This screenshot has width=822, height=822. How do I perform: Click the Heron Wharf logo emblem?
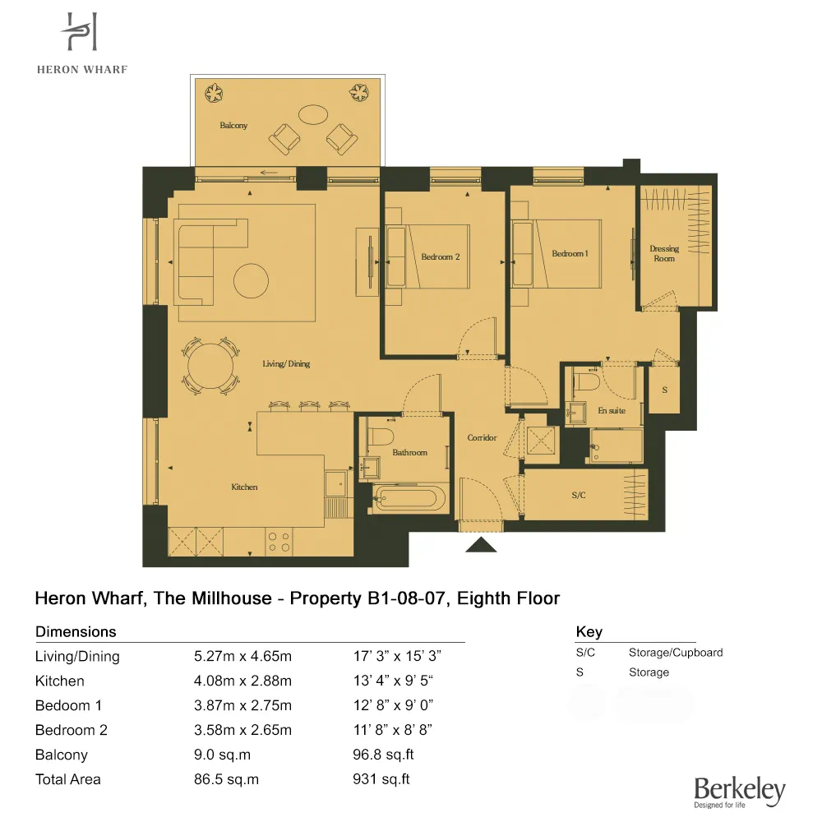tap(81, 34)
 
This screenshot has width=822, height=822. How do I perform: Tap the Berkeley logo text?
tap(739, 790)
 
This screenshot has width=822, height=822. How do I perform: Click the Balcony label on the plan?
tap(233, 126)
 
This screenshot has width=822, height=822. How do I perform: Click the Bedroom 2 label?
tap(441, 256)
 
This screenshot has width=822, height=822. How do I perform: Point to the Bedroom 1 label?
tap(570, 254)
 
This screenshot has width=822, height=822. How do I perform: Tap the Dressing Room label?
tap(664, 253)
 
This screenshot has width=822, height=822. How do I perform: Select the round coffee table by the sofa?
tap(252, 280)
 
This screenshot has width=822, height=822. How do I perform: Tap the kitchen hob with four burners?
tap(279, 541)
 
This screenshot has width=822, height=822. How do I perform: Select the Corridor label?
tap(482, 438)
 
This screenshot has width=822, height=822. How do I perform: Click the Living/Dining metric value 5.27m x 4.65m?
tap(242, 657)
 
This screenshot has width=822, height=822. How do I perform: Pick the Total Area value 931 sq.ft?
tap(381, 779)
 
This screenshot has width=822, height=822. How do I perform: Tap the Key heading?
tap(589, 632)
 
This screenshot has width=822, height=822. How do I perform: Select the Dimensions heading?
tap(76, 632)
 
